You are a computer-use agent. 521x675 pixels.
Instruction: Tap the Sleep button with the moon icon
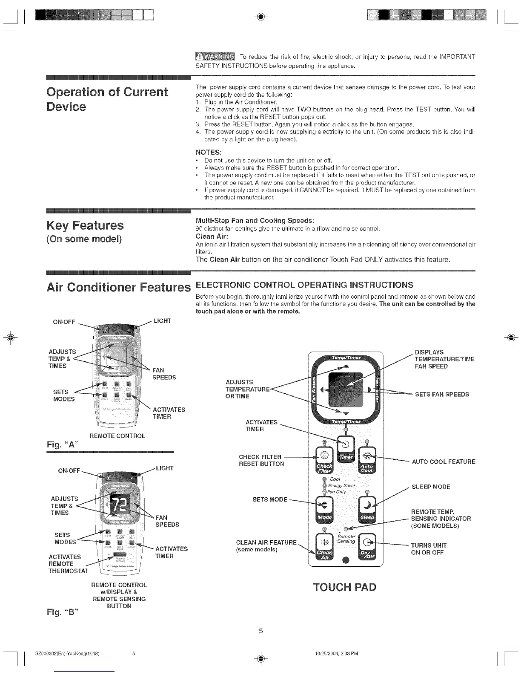point(367,508)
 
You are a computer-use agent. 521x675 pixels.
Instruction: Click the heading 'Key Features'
point(85,225)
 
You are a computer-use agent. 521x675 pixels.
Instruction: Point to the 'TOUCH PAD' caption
point(345,587)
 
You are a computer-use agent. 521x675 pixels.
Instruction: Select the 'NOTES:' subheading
point(208,152)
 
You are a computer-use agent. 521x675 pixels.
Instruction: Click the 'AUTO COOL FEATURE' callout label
point(444,462)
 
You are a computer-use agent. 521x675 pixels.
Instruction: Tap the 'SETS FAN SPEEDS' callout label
point(442,394)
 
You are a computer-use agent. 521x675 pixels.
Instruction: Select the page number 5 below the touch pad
point(261,630)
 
